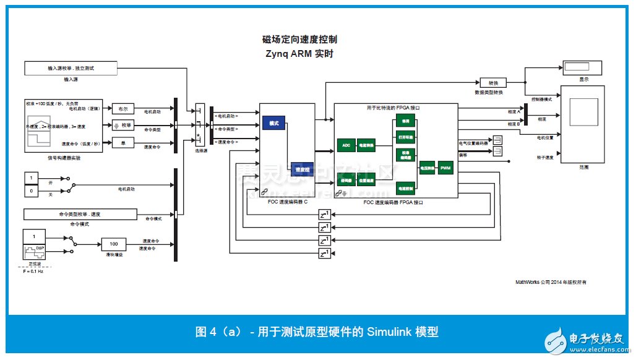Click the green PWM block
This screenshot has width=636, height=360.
tap(445, 167)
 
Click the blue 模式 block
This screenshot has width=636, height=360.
tap(273, 123)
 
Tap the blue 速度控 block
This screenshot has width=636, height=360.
tap(301, 168)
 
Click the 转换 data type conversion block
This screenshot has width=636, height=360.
tap(493, 83)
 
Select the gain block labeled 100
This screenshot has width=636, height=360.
tap(114, 244)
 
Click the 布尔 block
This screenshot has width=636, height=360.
tap(122, 108)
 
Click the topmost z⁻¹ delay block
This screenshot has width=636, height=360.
tap(325, 215)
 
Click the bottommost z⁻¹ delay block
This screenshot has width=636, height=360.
tap(325, 254)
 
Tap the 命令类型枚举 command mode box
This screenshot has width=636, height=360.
tap(80, 214)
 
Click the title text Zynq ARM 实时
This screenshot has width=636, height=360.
tap(299, 54)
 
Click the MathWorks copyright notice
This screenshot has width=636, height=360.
tap(551, 282)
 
